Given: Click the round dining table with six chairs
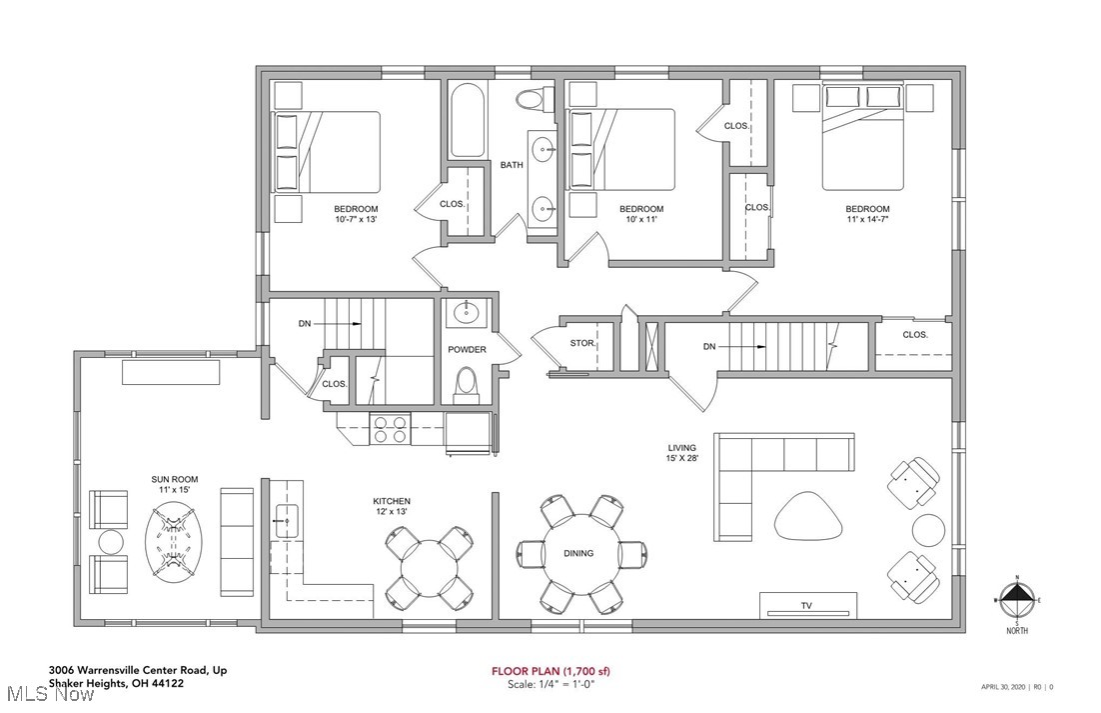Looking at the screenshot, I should coord(578,553).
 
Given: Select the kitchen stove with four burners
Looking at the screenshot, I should coord(390,429).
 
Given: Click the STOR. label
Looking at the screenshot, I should coord(582,343).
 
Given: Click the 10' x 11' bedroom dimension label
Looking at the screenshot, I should coord(642,221).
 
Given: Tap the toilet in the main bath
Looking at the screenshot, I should coord(532,101).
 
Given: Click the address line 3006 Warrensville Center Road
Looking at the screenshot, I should coord(130,671).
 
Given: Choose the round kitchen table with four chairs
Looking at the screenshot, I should coord(431,567).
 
